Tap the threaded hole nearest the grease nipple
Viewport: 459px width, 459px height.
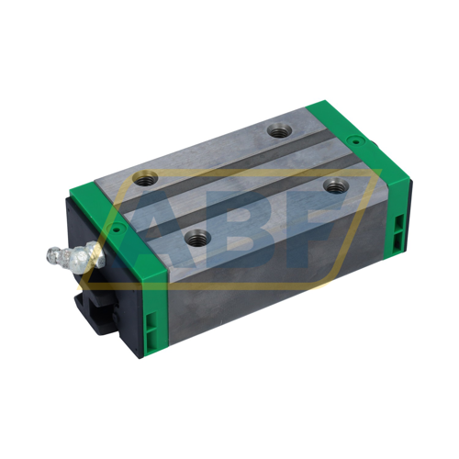pos(196,238)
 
